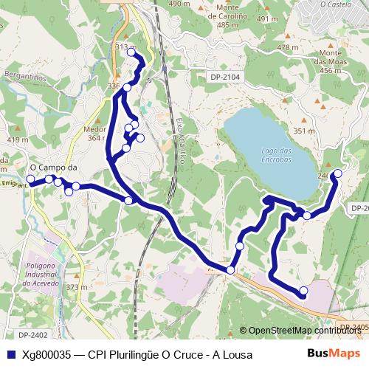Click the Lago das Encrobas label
click(277, 154)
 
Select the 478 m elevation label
click(288, 47)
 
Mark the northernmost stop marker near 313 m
click(131, 52)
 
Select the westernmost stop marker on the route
click(31, 179)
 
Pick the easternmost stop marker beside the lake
click(337, 173)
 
